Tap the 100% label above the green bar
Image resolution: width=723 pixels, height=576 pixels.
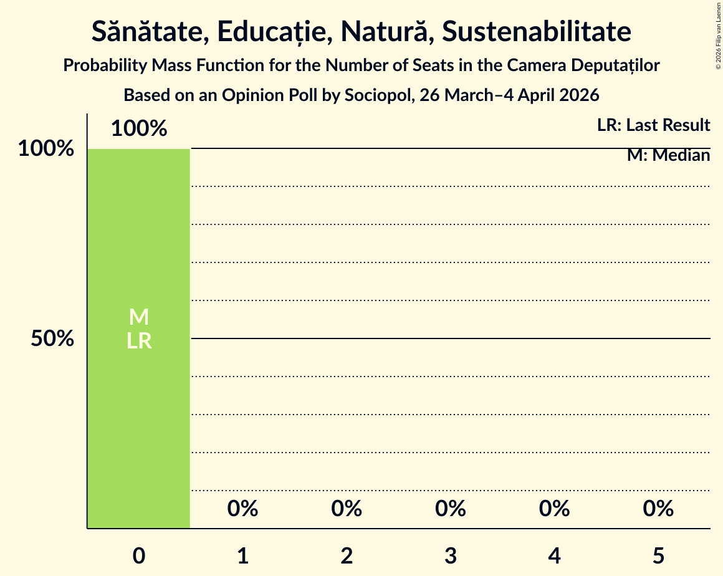pos(139,128)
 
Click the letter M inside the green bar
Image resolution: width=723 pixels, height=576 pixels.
pos(138,317)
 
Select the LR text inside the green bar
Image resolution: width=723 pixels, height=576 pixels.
pos(138,341)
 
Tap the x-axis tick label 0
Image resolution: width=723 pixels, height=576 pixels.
pos(139,555)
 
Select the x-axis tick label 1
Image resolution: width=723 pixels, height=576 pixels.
pos(242,555)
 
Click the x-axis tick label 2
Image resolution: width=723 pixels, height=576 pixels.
pos(347,555)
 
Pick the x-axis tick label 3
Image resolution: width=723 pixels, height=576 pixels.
pos(451,555)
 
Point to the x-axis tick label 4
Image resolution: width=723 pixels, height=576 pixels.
pos(554,555)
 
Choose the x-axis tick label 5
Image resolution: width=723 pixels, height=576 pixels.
pos(658,555)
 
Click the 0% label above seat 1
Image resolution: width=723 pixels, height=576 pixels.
pos(242,509)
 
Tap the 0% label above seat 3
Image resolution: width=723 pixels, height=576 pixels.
pos(451,509)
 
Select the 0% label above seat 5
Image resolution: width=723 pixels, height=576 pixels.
pos(658,509)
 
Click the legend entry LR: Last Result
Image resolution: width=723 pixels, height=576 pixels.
pos(653,125)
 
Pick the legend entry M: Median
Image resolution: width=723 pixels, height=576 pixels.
pos(668,155)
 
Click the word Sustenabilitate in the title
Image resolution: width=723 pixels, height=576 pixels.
pos(537,32)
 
